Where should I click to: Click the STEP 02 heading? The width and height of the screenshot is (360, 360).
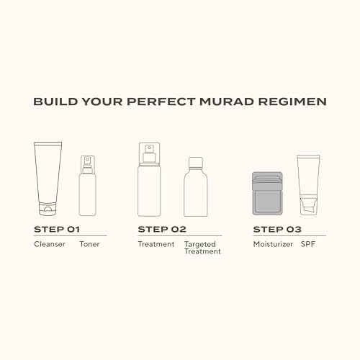pyautogui.click(x=162, y=229)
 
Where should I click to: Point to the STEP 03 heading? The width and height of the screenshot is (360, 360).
pyautogui.click(x=277, y=229)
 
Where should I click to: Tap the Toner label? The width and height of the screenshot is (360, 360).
pyautogui.click(x=90, y=244)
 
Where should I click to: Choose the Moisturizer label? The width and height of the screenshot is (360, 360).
pyautogui.click(x=271, y=244)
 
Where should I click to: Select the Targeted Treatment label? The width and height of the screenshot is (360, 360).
pyautogui.click(x=202, y=248)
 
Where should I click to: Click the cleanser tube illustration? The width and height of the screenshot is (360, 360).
pyautogui.click(x=46, y=176)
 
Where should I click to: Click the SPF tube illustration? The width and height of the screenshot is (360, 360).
pyautogui.click(x=309, y=184)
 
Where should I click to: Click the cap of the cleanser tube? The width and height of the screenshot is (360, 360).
pyautogui.click(x=46, y=210)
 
